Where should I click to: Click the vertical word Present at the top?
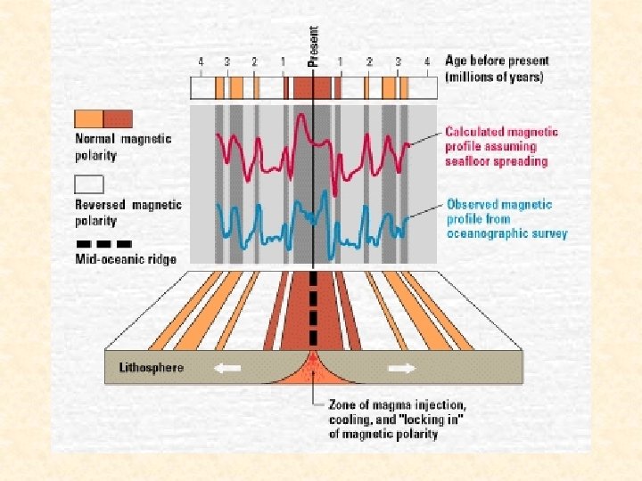(313, 45)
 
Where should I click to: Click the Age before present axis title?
(497, 69)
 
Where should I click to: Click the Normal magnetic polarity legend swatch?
(103, 118)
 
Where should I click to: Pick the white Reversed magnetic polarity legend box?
(103, 184)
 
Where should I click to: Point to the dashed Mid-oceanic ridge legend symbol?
(103, 243)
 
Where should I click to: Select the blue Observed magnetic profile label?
(506, 218)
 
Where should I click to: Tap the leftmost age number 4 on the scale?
(201, 62)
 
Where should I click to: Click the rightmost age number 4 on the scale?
(427, 62)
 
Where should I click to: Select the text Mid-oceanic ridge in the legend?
(125, 259)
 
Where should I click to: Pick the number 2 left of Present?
(254, 62)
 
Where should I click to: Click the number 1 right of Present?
(341, 62)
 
